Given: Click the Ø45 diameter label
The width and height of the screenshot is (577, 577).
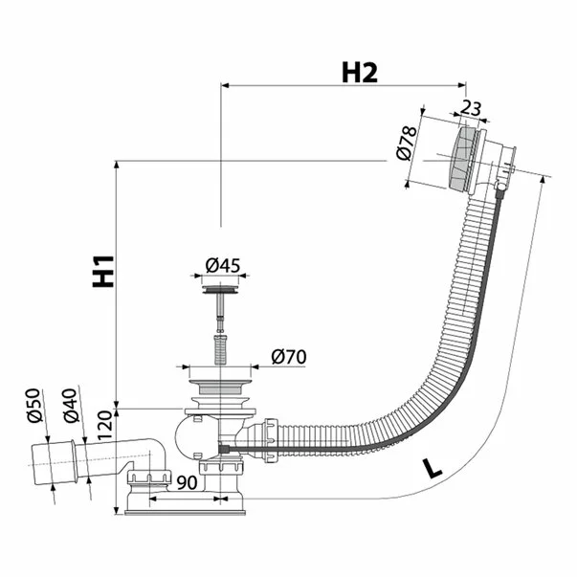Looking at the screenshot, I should [222, 265].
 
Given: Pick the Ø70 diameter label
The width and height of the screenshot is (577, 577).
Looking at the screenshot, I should [288, 357].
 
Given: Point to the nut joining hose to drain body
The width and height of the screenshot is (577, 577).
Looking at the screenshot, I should [272, 440].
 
